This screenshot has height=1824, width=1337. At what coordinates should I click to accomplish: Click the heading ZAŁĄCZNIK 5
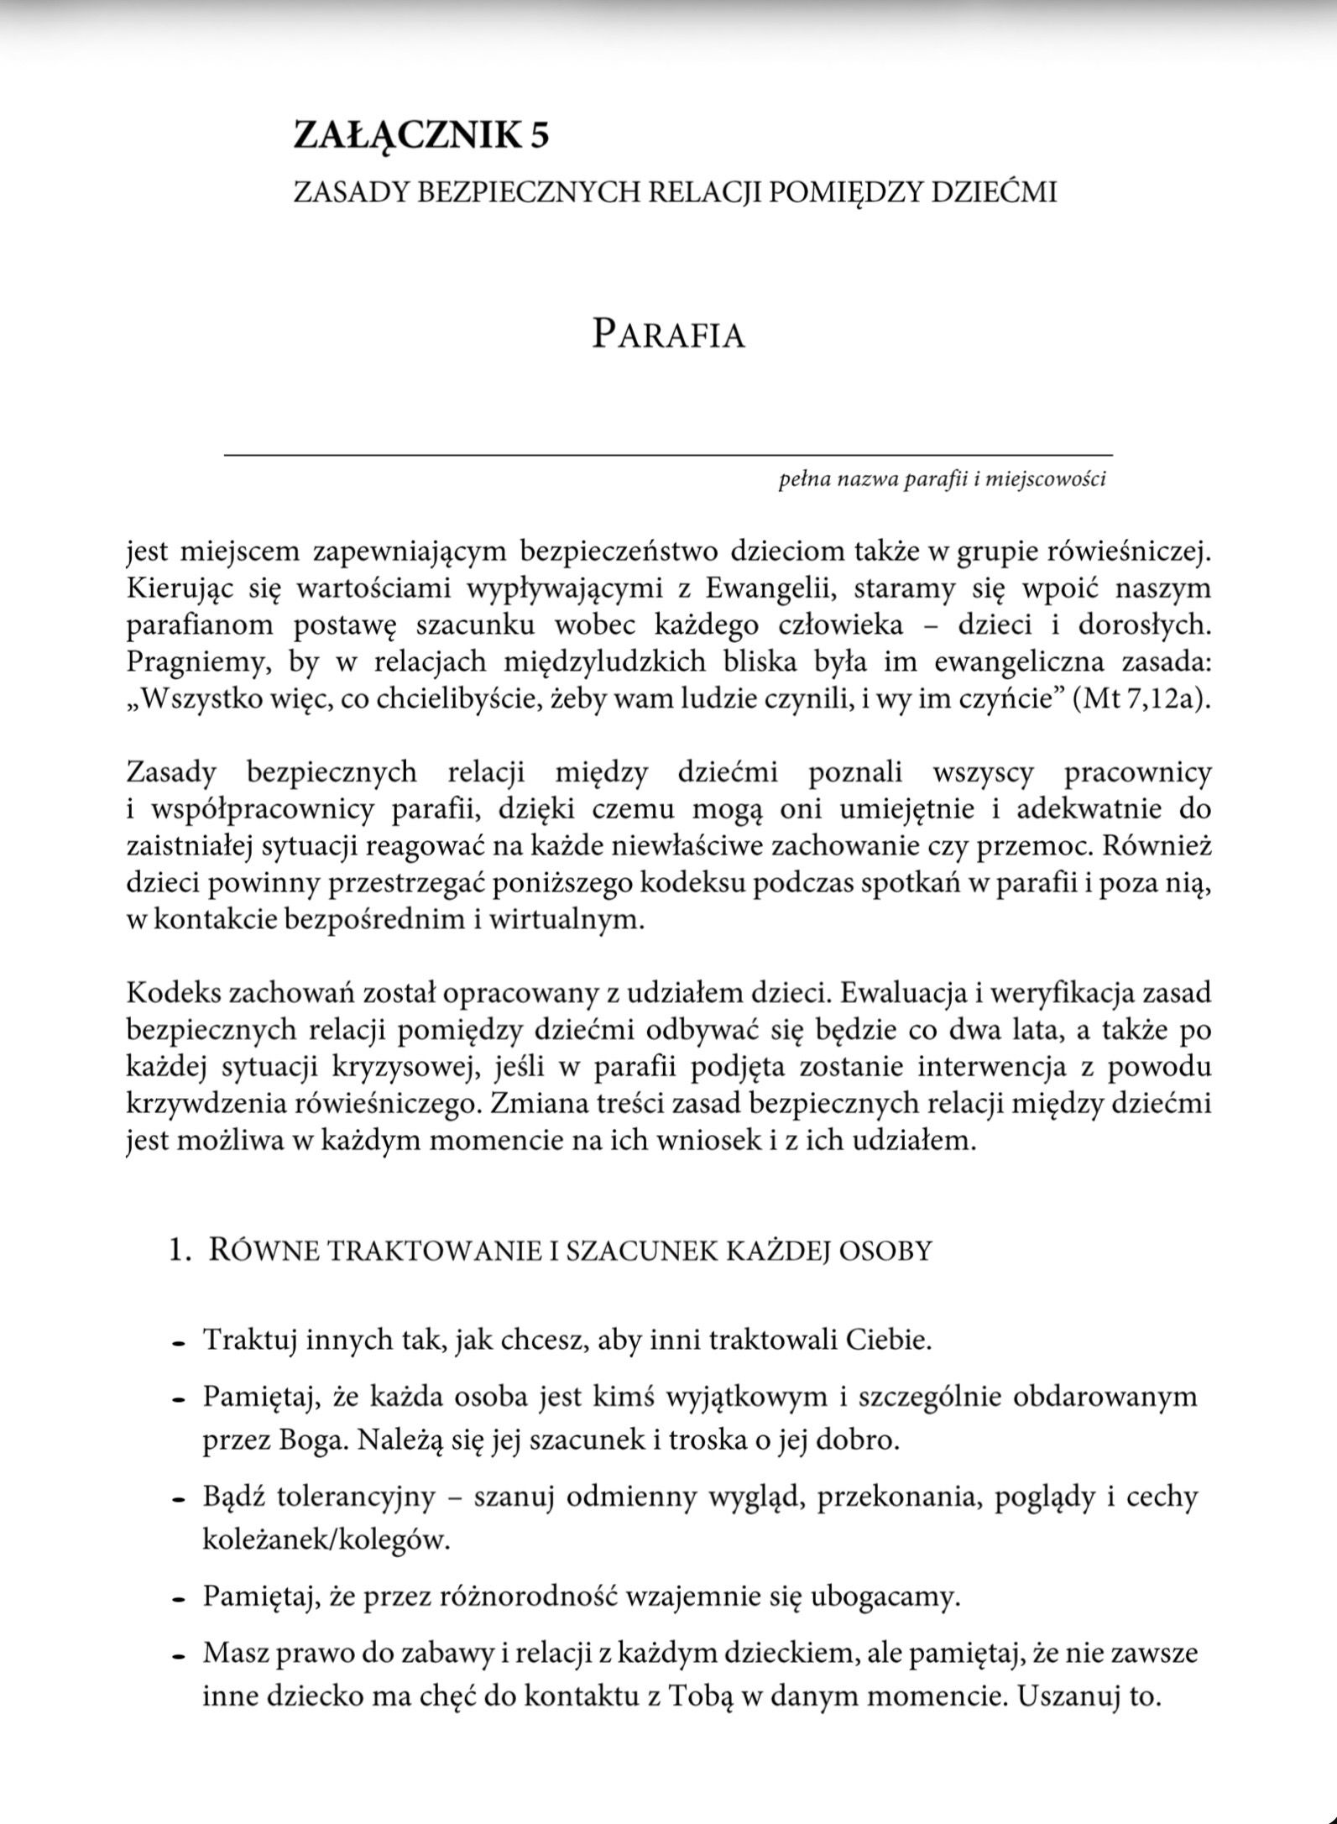point(421,135)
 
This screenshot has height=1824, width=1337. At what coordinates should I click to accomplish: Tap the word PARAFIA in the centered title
point(668,334)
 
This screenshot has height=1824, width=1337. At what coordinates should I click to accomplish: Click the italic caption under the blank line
point(942,480)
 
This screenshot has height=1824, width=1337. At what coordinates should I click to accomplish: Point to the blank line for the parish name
point(667,454)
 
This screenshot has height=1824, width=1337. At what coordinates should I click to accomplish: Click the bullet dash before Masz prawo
point(178,1657)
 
